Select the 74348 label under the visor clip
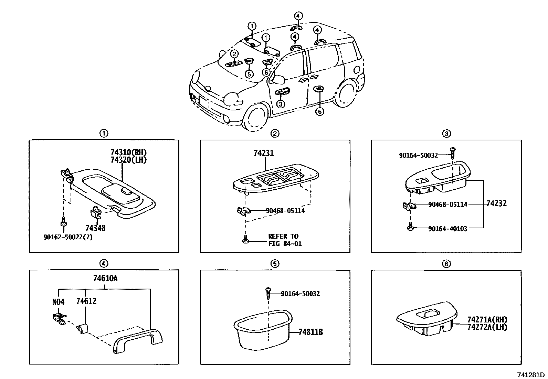point(96,228)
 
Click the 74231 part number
point(264,153)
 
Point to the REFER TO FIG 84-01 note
point(283,240)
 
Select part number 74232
point(496,203)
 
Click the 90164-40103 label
point(447,229)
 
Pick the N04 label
point(58,302)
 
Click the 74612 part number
point(86,301)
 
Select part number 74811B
point(310,332)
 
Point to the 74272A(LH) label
point(487,327)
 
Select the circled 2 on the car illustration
point(234,54)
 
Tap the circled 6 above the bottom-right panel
point(446,264)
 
